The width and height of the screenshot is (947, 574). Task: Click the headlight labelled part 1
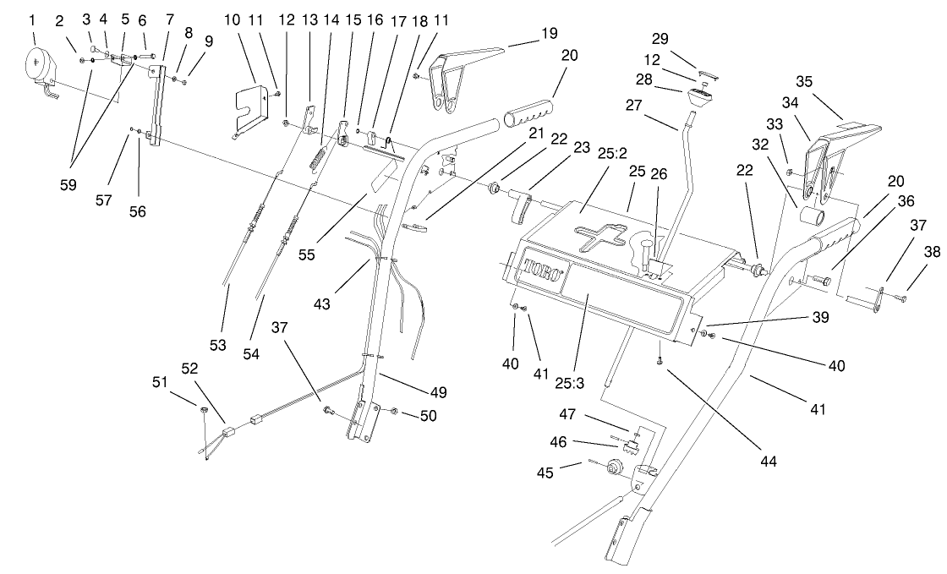(x=39, y=68)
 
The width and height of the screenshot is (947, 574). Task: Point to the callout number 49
(x=438, y=392)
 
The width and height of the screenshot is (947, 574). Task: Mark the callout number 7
(x=169, y=19)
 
